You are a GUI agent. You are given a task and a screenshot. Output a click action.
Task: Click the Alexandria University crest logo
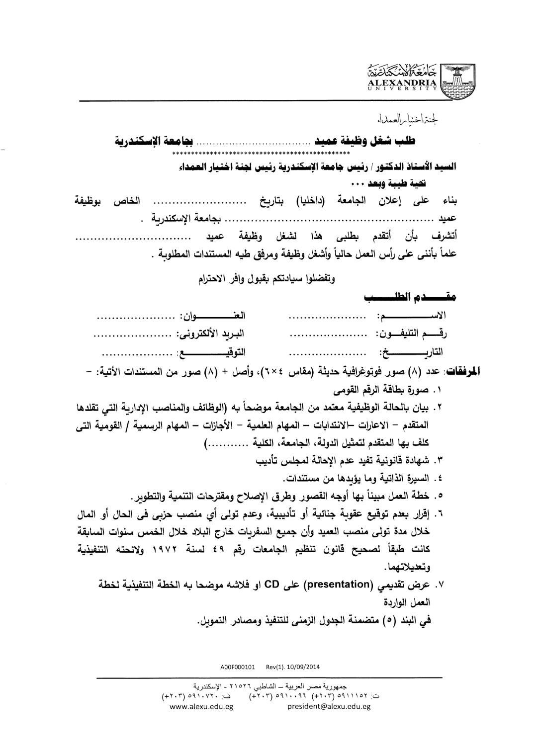pos(456,80)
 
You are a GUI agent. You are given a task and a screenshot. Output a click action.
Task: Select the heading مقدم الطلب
pos(411,298)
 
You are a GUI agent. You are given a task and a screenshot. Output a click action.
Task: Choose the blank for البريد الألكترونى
pos(132,336)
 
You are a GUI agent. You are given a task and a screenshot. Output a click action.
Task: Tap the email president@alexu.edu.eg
pos(329,706)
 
